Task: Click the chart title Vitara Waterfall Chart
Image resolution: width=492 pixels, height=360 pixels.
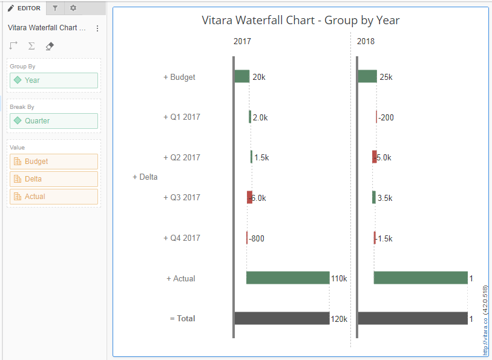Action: [300, 20]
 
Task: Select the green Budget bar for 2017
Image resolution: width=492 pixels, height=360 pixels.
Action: [242, 76]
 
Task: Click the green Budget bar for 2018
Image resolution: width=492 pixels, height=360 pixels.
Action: [367, 76]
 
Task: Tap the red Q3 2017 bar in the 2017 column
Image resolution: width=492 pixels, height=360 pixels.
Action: [249, 197]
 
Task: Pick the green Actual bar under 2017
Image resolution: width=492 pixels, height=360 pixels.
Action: [287, 278]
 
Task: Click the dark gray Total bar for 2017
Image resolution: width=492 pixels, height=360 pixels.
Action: [282, 318]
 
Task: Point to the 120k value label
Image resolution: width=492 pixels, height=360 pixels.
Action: [339, 318]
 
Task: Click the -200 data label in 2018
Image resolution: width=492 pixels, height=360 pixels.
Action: [386, 117]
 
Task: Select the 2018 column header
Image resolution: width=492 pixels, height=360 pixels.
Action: [366, 42]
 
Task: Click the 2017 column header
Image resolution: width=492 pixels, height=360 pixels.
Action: [242, 42]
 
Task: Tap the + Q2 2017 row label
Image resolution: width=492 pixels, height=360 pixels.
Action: [182, 157]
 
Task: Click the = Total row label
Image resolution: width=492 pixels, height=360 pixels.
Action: [183, 318]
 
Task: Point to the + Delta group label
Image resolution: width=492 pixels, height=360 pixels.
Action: [145, 177]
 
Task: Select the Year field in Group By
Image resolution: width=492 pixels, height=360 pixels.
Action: [53, 80]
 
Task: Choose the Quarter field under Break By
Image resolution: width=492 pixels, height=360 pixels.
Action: [53, 121]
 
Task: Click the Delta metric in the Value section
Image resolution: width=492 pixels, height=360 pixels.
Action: [53, 179]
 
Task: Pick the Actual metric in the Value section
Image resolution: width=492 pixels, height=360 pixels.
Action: [53, 197]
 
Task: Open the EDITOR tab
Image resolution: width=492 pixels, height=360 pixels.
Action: [24, 8]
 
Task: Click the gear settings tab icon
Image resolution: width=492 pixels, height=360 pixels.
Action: [73, 8]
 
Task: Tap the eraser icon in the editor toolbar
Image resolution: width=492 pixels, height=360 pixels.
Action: [50, 46]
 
